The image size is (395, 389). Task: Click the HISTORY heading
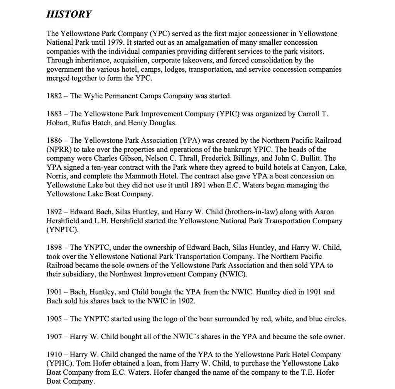tap(69, 15)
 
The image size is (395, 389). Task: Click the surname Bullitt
tap(312, 158)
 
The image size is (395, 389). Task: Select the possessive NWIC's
tap(187, 337)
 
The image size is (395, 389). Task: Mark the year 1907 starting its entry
tap(54, 337)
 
